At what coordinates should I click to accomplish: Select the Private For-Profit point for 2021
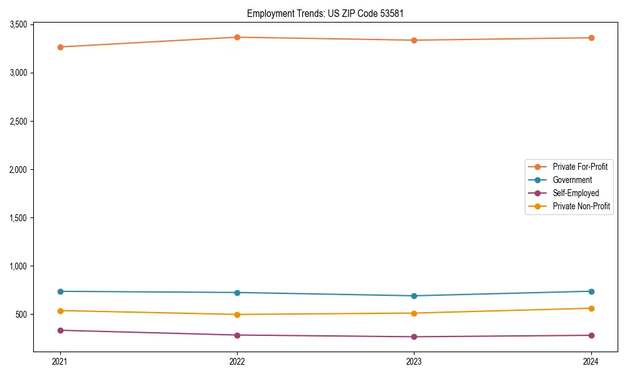pos(60,47)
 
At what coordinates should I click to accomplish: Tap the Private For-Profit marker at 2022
pos(237,38)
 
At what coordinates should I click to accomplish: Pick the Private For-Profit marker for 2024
pos(591,38)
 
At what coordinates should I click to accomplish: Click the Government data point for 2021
pos(60,291)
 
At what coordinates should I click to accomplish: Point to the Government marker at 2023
pos(414,296)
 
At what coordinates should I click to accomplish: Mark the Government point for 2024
pos(591,291)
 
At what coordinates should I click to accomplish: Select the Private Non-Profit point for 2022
pos(237,315)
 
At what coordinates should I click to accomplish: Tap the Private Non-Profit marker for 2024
pos(591,308)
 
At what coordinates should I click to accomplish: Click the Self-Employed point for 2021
pos(60,330)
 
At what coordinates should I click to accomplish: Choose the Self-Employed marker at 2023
pos(414,337)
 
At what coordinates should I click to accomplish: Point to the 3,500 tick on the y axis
pos(18,24)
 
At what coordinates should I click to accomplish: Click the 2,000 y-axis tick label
pos(18,169)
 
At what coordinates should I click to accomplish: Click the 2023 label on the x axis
pos(414,362)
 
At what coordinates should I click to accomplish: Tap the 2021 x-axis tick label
pos(60,362)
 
